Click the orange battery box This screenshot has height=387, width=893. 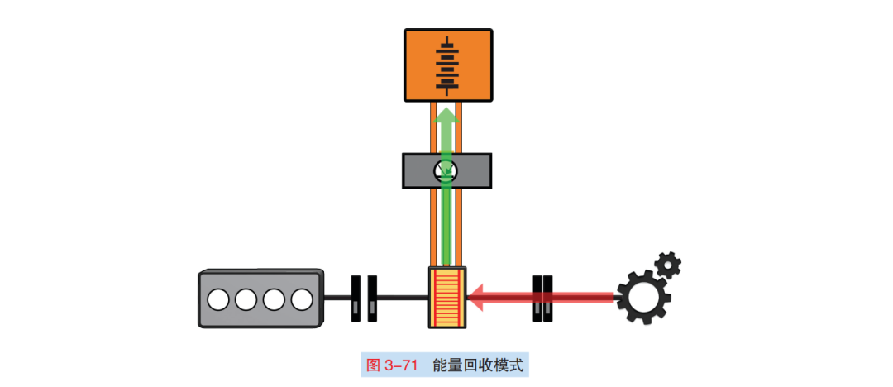[x=422, y=66]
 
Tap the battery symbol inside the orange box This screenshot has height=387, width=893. [x=447, y=65]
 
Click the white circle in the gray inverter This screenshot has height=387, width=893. [x=446, y=171]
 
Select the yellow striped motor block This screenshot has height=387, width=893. [x=447, y=296]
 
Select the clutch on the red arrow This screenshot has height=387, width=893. [x=542, y=297]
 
